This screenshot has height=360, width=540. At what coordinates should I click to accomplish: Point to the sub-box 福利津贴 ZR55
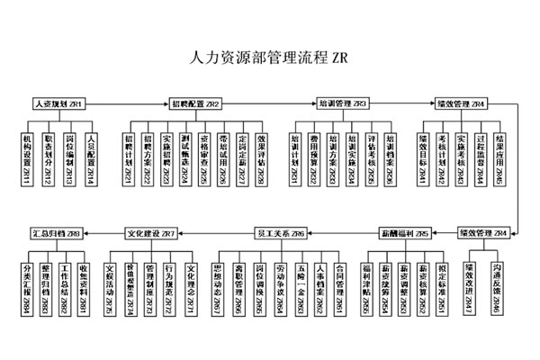(x=367, y=286)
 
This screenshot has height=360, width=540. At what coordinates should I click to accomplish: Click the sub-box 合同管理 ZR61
(x=339, y=286)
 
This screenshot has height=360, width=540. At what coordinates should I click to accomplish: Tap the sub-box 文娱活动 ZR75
(x=110, y=286)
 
